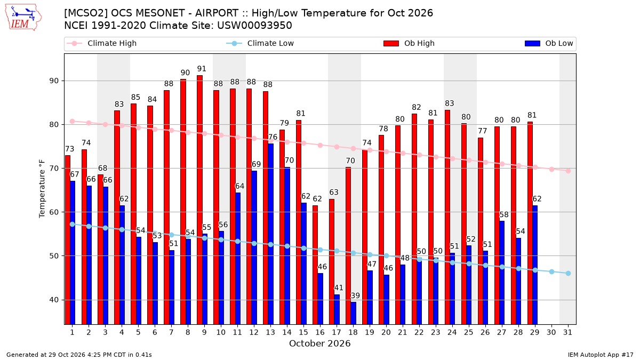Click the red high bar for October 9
(199, 199)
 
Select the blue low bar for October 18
(354, 313)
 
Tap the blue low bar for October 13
(270, 234)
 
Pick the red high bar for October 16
(315, 265)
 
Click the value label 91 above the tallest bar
(202, 69)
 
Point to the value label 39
(355, 295)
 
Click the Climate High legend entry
(102, 43)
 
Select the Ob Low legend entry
(549, 43)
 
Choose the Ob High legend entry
(409, 43)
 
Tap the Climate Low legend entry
(260, 43)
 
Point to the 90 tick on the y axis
(54, 81)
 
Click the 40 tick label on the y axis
(54, 300)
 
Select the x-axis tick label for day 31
(567, 332)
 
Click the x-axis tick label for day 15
(303, 332)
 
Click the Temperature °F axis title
(42, 189)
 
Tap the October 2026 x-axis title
(319, 343)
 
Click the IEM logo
(23, 18)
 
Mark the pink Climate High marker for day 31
(569, 171)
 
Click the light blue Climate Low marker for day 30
(551, 271)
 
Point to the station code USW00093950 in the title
(254, 26)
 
